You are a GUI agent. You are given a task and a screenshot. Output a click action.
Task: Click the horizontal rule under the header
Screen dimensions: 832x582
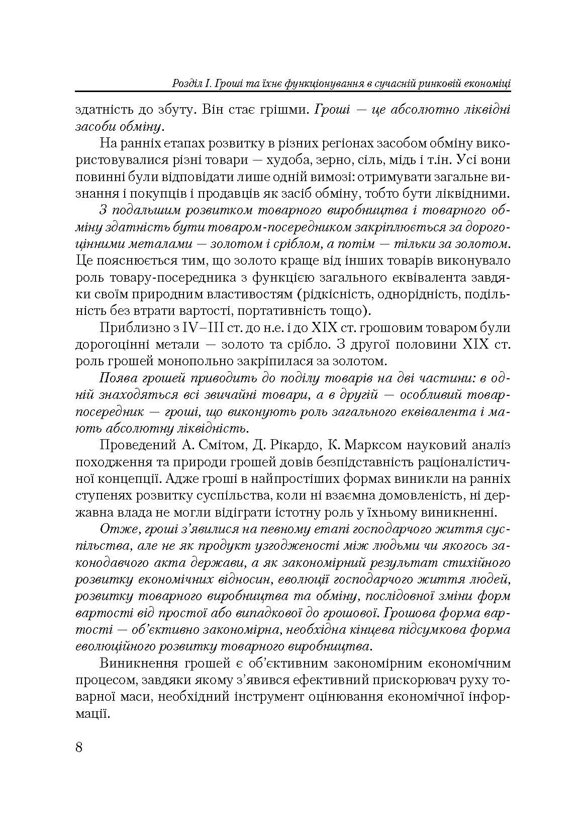(293, 92)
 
